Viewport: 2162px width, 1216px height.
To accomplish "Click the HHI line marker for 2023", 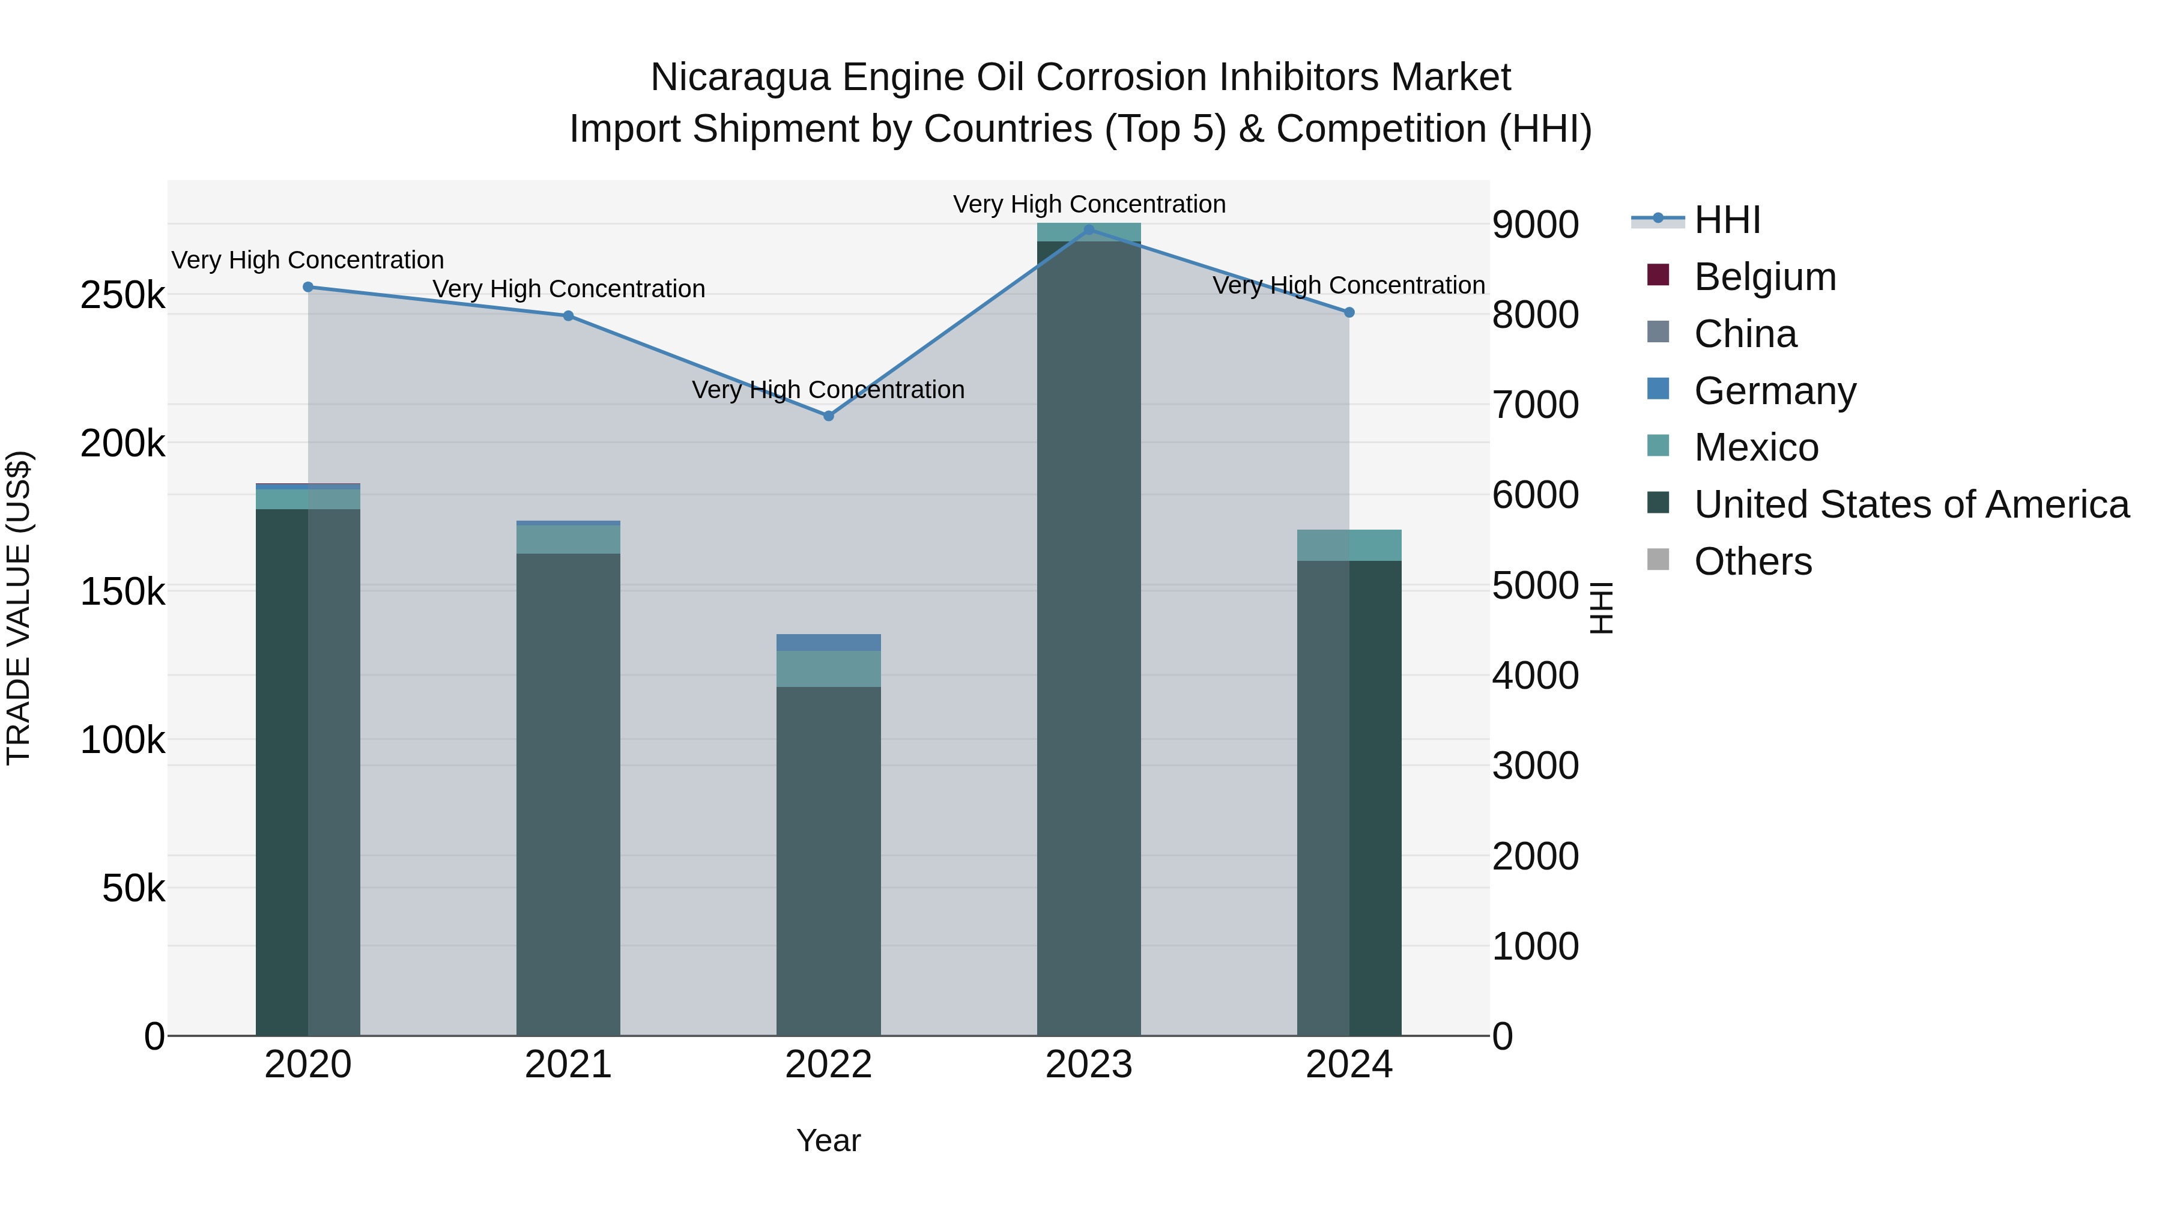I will click(1089, 230).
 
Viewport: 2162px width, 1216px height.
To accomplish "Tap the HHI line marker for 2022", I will click(828, 416).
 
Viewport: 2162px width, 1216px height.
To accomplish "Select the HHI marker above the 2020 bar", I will click(308, 287).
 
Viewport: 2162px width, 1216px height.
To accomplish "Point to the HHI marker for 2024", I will click(1349, 312).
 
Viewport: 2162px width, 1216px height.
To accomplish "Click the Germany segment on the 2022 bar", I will click(828, 643).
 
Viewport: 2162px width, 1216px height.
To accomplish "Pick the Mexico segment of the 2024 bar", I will click(1349, 545).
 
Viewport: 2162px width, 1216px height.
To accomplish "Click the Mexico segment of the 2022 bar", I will click(828, 669).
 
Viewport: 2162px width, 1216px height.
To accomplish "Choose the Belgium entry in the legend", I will click(1764, 277).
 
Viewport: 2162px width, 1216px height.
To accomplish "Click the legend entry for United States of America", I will click(1911, 504).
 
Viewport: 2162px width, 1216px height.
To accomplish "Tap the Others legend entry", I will click(1752, 561).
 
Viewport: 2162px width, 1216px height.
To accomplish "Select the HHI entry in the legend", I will click(1727, 220).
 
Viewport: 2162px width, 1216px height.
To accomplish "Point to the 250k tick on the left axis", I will click(123, 295).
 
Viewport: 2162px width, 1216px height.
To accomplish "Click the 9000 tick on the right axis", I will click(1535, 225).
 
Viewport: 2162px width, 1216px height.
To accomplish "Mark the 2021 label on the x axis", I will click(568, 1065).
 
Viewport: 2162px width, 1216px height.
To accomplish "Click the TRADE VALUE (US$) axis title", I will click(19, 608).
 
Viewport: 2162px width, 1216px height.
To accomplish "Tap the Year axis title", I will click(828, 1140).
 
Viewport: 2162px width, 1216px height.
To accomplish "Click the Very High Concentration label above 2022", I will click(828, 389).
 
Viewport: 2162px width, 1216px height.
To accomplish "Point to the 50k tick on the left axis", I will click(133, 888).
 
